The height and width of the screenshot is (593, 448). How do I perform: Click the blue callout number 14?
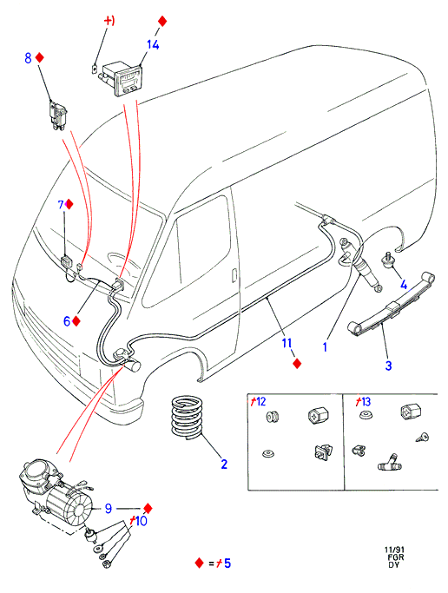(x=153, y=44)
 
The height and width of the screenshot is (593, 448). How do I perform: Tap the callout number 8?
(x=28, y=58)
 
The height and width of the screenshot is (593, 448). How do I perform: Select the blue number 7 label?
(x=61, y=205)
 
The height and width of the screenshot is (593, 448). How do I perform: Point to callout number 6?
(x=67, y=321)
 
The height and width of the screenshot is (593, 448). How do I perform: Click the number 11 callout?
(x=287, y=343)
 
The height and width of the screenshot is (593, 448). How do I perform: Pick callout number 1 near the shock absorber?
(x=325, y=346)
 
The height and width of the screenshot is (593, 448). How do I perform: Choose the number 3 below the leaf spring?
(x=388, y=366)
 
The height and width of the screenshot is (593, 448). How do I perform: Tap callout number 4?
(x=404, y=285)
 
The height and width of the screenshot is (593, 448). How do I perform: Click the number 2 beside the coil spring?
(x=224, y=464)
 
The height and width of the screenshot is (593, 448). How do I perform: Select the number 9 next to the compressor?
(x=109, y=508)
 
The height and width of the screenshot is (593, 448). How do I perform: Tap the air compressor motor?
(x=56, y=491)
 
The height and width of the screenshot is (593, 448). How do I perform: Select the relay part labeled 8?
(x=58, y=115)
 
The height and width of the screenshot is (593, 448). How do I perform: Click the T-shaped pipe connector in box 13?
(x=390, y=463)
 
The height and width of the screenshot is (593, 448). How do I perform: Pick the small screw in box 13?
(x=422, y=438)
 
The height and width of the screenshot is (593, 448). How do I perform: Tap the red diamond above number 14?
(x=162, y=21)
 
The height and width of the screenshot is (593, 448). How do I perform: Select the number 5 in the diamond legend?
(x=227, y=563)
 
